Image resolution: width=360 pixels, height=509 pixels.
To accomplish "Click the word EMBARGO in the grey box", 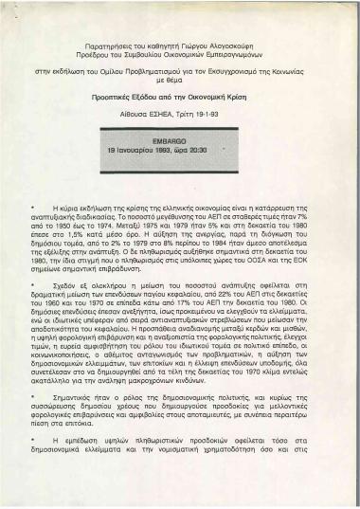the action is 180,140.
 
